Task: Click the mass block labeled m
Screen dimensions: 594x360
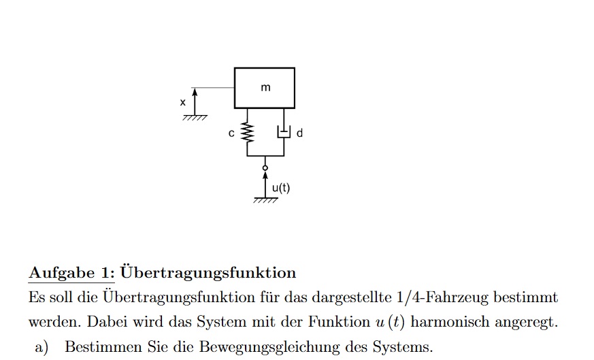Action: coord(265,88)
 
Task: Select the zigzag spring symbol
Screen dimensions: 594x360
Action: coord(248,133)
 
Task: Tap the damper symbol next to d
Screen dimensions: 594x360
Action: coord(284,132)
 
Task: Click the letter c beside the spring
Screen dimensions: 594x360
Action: coord(231,133)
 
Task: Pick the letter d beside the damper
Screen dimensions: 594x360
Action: coord(299,133)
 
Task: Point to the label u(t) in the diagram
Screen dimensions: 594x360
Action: coord(281,188)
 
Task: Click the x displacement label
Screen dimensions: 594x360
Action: coord(182,102)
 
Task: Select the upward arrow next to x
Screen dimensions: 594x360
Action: coord(195,101)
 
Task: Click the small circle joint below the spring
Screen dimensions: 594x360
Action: coord(265,168)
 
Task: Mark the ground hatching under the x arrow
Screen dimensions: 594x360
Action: coord(195,118)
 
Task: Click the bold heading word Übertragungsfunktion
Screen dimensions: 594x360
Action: coord(208,272)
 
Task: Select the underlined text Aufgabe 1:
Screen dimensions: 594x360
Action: coord(71,273)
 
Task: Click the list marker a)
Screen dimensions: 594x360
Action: coord(42,347)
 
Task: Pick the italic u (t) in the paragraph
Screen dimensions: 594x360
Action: coord(390,322)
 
